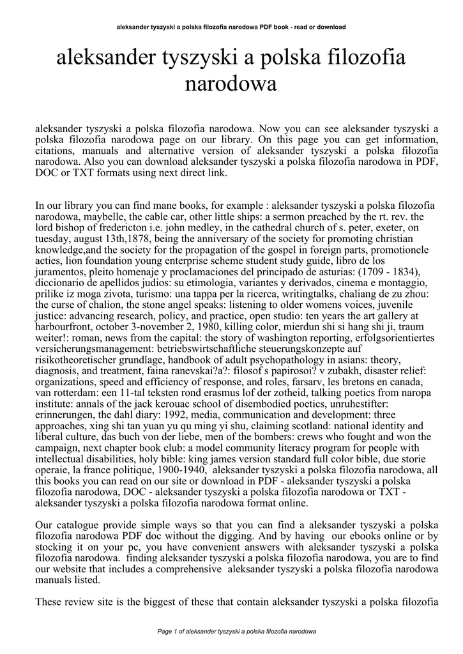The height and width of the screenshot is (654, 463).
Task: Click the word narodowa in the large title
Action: (231, 84)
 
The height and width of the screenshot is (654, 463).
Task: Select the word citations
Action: (56, 151)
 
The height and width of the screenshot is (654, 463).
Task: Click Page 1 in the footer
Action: (169, 632)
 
